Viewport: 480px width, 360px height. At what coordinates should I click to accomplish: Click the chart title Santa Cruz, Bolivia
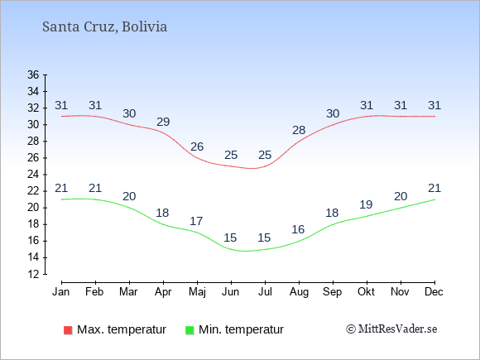click(x=105, y=27)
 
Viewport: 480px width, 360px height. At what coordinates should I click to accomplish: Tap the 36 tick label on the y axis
click(x=33, y=74)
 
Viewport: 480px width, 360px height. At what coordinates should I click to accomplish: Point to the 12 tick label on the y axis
click(x=33, y=274)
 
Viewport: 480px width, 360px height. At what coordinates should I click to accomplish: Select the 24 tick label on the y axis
click(x=33, y=175)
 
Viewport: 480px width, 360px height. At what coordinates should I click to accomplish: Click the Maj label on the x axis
click(x=197, y=292)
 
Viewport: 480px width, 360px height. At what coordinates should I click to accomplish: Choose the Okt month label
click(x=366, y=292)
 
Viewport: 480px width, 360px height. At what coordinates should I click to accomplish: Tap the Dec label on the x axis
click(x=434, y=292)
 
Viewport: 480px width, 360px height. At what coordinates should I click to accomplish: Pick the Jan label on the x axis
click(x=61, y=292)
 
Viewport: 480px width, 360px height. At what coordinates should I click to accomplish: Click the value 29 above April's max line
click(x=163, y=122)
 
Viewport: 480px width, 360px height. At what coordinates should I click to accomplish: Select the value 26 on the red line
click(x=197, y=147)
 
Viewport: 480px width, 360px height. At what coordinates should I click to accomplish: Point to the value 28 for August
click(x=299, y=131)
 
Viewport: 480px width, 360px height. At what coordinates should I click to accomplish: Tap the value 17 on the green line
click(x=196, y=221)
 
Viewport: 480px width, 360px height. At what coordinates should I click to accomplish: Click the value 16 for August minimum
click(x=298, y=229)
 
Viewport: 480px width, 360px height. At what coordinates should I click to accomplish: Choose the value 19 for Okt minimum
click(x=366, y=204)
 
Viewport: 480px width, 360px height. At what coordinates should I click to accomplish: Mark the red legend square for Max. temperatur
click(x=68, y=330)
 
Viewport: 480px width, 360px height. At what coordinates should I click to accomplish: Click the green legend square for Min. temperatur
click(x=190, y=330)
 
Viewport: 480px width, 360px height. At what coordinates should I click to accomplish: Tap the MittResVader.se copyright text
click(x=391, y=329)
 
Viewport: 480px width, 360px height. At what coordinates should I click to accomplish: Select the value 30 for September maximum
click(x=333, y=114)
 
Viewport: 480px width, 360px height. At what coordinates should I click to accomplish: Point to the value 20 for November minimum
click(x=401, y=196)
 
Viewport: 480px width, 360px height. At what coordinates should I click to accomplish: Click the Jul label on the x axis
click(x=265, y=292)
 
